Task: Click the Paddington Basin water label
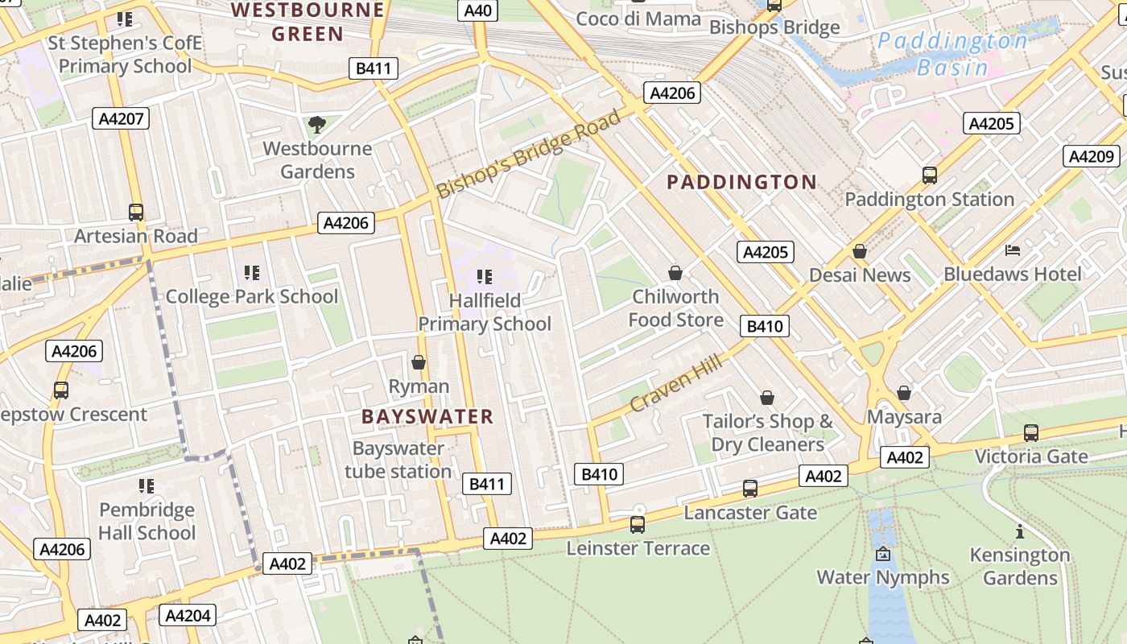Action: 952,54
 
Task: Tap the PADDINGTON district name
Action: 742,182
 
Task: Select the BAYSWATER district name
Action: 427,416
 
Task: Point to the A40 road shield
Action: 478,10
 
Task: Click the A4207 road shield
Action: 121,119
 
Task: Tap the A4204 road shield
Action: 188,616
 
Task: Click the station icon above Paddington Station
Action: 930,175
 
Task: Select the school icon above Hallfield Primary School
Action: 484,277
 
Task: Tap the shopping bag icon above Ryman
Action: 418,362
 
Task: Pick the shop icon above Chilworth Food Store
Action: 675,273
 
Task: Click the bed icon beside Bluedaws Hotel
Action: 1013,251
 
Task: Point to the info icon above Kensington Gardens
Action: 1019,531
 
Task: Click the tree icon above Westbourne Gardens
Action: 317,125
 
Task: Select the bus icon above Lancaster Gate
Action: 749,488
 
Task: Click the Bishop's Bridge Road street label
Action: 529,154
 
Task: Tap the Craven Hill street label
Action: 676,385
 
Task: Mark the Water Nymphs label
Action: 883,577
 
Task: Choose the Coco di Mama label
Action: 638,19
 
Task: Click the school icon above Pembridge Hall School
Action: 146,485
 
